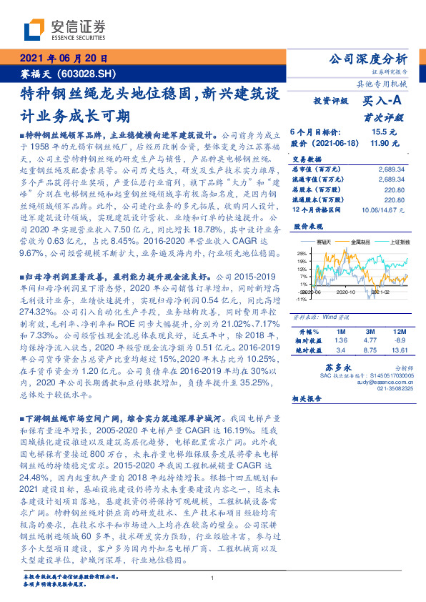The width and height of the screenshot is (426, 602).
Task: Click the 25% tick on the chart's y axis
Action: click(x=302, y=253)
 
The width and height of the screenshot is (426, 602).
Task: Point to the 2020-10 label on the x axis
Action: click(x=346, y=292)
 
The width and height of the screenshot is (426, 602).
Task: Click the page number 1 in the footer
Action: click(x=213, y=578)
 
